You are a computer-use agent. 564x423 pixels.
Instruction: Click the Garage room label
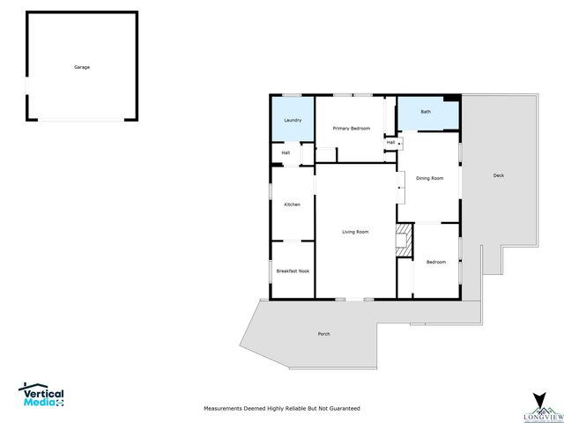click(x=81, y=67)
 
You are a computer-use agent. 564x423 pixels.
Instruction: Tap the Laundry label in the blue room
click(x=293, y=120)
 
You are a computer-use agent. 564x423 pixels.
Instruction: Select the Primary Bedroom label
click(x=351, y=129)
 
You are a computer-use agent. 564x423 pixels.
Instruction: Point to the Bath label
click(x=426, y=112)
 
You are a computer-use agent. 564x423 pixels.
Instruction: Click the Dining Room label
click(x=429, y=178)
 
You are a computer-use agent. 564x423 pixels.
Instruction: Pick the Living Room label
click(x=355, y=232)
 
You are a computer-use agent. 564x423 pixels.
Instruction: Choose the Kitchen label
click(x=292, y=204)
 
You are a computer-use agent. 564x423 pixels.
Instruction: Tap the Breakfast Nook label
click(x=293, y=271)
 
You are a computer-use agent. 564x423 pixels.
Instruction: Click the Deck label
click(x=499, y=175)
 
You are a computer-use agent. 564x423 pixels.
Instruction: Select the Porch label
click(x=323, y=334)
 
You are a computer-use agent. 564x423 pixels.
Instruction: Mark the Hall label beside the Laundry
click(x=286, y=152)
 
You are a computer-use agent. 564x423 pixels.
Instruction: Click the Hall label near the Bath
click(x=390, y=142)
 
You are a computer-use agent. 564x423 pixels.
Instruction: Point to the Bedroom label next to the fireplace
click(x=436, y=262)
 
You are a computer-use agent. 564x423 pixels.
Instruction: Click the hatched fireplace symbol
click(x=404, y=240)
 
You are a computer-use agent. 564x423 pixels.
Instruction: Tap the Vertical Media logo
click(x=41, y=395)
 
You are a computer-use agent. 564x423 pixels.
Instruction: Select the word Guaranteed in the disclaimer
click(x=344, y=409)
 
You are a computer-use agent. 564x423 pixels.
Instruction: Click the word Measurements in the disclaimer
click(x=225, y=409)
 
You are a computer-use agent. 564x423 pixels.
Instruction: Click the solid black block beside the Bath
click(x=451, y=98)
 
